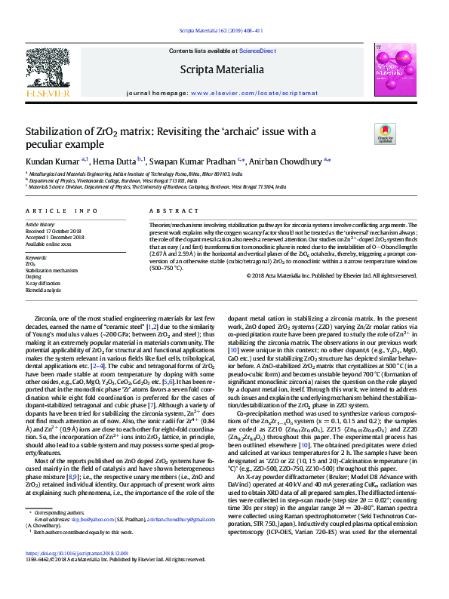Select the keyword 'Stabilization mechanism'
[51, 270]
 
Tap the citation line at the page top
[220, 30]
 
